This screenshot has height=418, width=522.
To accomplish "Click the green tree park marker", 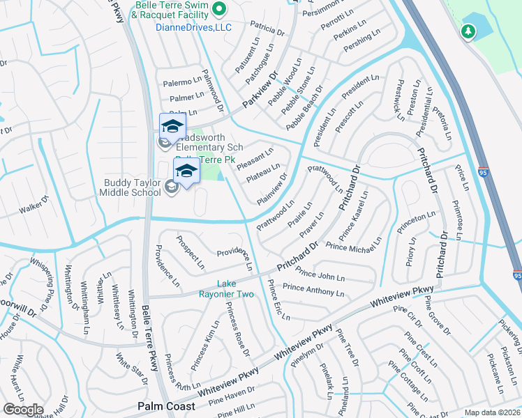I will click(468, 31).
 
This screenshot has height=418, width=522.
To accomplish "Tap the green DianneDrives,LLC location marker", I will click(218, 9).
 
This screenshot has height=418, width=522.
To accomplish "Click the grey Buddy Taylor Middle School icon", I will click(171, 185).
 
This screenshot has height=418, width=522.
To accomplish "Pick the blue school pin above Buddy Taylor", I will click(186, 171).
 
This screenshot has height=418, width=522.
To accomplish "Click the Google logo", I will click(24, 409).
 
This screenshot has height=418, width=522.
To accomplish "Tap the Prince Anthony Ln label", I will click(314, 288).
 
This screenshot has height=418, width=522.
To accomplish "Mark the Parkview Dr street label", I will click(260, 91).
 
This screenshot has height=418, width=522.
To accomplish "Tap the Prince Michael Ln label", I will click(353, 245).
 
